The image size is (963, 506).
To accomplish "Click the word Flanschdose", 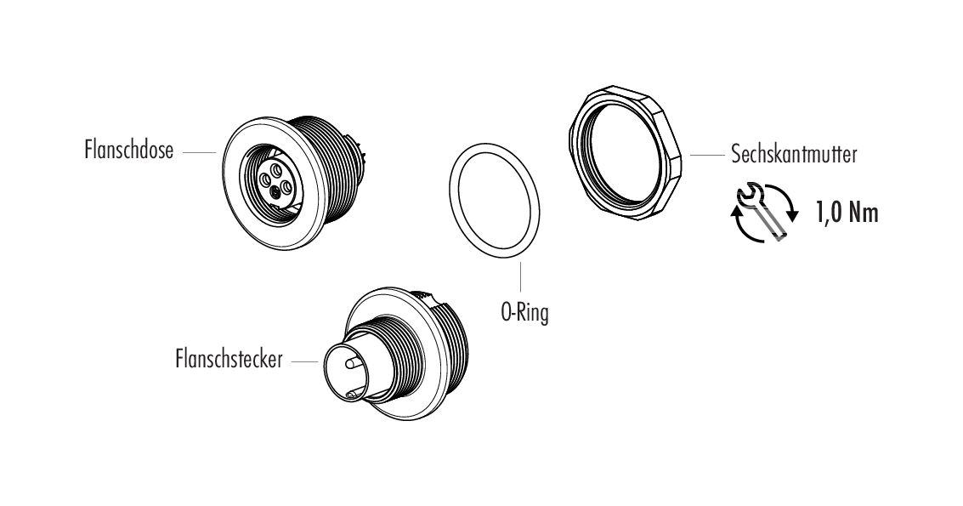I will [x=129, y=151].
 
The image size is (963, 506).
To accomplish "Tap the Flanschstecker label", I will [x=229, y=361].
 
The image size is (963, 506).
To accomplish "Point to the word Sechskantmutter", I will [x=792, y=156].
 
